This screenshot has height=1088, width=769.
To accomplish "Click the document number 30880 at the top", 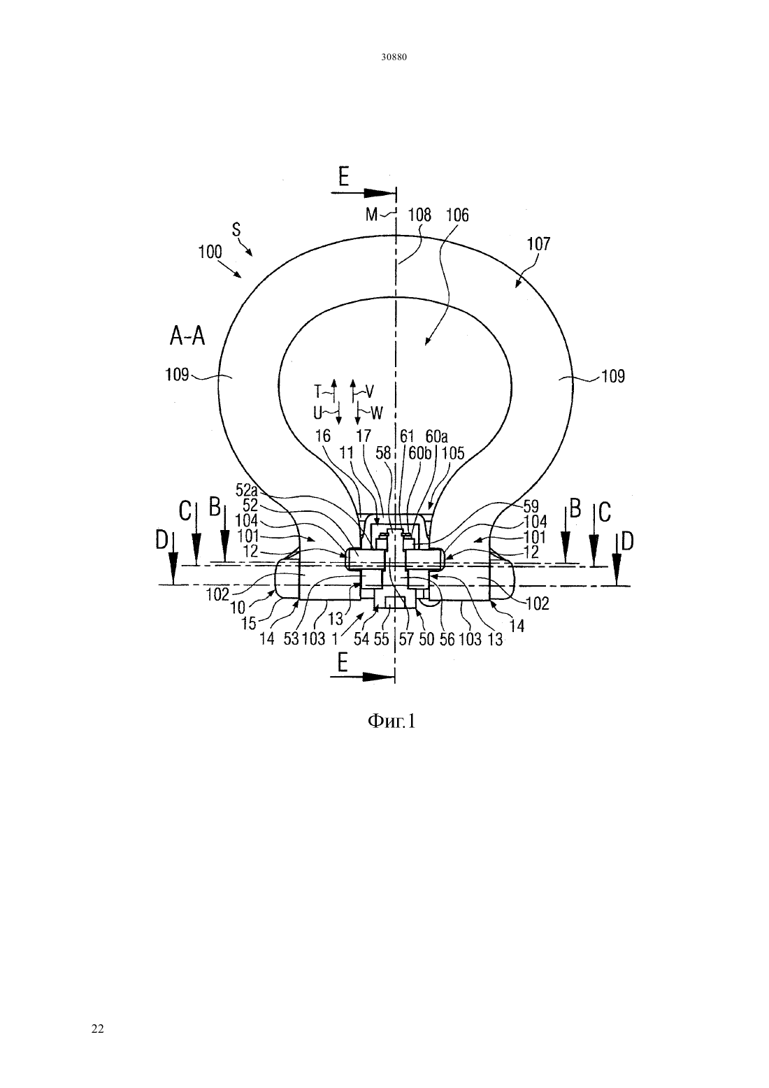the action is coord(394,57).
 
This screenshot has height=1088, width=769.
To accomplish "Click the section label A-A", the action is coord(187,336).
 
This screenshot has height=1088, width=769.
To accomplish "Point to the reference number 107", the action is coord(539,243).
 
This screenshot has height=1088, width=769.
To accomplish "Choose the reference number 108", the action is coord(419,215).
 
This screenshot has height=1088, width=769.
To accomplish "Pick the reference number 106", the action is coord(457,215).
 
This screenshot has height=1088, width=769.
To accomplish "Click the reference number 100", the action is coord(210,252).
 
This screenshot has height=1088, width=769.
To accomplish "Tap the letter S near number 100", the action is coord(236,229).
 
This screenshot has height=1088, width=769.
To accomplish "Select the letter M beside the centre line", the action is coord(371,214).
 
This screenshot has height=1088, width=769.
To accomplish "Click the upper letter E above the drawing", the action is coord(344,176).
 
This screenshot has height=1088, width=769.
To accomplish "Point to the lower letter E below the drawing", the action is coord(343,661).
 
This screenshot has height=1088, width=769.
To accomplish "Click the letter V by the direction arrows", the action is coord(370,391).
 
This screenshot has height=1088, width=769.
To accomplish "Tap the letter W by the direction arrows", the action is coord(377,413).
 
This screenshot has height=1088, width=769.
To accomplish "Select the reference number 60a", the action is coord(436,436).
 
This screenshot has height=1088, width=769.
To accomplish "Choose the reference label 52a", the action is coord(247,489).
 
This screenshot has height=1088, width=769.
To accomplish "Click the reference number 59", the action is coord(531,506).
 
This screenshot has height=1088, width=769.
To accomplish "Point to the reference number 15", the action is coord(249,623).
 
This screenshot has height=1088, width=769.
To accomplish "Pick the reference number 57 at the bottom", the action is coord(406,639).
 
